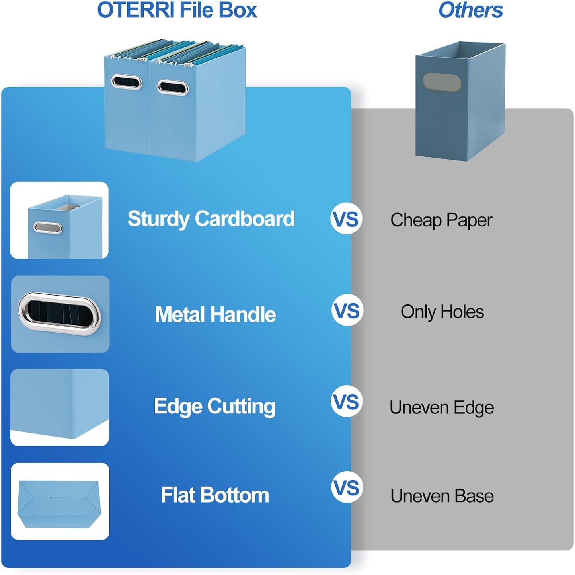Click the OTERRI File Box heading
[177, 10]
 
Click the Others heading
[470, 10]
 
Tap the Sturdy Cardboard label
[211, 219]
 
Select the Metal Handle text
[215, 314]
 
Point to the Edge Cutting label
[214, 406]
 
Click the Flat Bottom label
[215, 495]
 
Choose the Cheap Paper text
[441, 220]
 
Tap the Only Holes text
[442, 312]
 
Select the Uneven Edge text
[442, 407]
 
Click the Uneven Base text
[442, 496]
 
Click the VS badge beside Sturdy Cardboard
[346, 219]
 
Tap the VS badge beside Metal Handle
[347, 310]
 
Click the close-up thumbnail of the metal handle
[60, 314]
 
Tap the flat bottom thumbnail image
[60, 501]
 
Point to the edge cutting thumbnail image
[60, 407]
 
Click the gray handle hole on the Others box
[442, 81]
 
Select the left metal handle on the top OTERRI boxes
[127, 82]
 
